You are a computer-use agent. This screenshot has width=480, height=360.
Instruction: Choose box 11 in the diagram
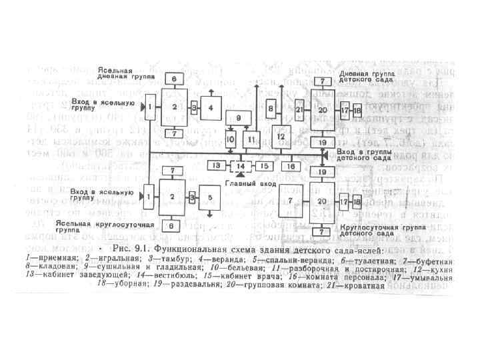pyautogui.click(x=251, y=139)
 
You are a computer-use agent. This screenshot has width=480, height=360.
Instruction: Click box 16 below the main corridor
pyautogui.click(x=291, y=165)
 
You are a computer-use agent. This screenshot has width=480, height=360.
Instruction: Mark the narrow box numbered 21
pyautogui.click(x=299, y=109)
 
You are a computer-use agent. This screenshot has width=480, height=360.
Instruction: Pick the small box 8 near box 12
pyautogui.click(x=271, y=109)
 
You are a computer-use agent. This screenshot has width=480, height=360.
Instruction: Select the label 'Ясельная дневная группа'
pyautogui.click(x=116, y=73)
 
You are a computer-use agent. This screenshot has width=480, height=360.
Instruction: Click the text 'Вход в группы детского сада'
pyautogui.click(x=361, y=157)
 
